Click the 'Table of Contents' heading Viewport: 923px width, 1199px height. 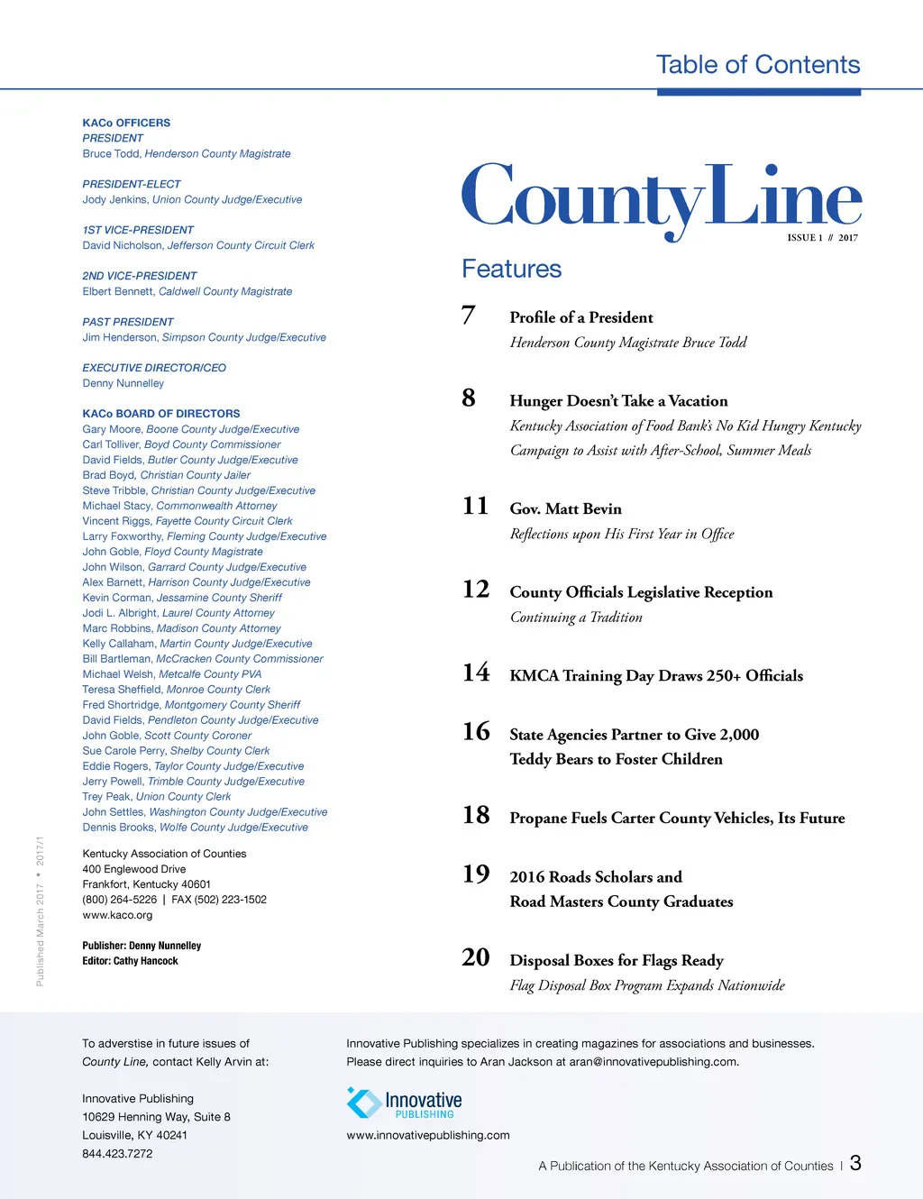[x=757, y=65]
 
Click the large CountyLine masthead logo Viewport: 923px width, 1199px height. [x=661, y=198]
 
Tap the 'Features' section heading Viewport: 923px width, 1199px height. [x=511, y=269]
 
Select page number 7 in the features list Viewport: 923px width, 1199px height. [x=468, y=316]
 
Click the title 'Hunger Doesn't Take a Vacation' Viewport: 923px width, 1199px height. [x=618, y=401]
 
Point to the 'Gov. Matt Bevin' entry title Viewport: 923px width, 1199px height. [x=565, y=509]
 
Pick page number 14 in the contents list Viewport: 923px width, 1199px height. [x=476, y=673]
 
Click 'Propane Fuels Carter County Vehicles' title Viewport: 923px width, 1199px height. [x=677, y=819]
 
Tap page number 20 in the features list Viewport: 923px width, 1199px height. [x=476, y=957]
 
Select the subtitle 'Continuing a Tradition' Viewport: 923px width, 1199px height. [x=576, y=618]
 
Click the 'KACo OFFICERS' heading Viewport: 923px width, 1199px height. [x=126, y=123]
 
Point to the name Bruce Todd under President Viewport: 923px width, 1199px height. [x=111, y=154]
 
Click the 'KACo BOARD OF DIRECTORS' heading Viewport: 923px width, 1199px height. [x=161, y=414]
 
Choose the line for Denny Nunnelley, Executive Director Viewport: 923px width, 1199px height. [x=123, y=383]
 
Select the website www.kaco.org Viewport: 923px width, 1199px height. [x=117, y=915]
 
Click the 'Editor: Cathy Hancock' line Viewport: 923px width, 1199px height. [x=130, y=961]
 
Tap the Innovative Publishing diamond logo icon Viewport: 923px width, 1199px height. [x=364, y=1103]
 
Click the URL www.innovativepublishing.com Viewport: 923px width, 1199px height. [x=428, y=1135]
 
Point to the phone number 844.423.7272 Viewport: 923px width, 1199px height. [x=117, y=1153]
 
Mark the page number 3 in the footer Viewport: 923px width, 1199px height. [x=855, y=1163]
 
